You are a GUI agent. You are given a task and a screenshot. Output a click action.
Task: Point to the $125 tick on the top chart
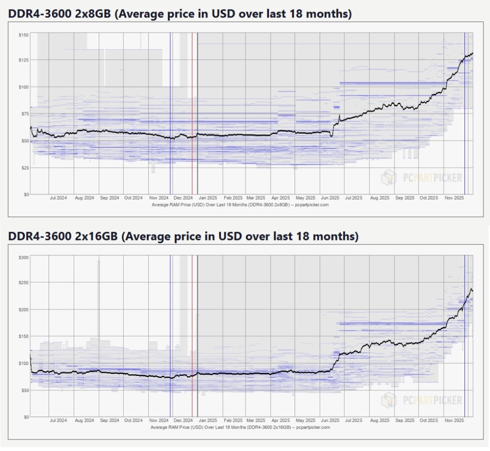pyautogui.click(x=23, y=60)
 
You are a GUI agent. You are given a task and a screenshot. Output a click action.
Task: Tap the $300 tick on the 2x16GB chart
pyautogui.click(x=23, y=257)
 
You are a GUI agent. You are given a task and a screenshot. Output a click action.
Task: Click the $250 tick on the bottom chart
pyautogui.click(x=23, y=283)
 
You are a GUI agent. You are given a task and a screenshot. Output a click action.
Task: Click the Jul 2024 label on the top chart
pyautogui.click(x=59, y=198)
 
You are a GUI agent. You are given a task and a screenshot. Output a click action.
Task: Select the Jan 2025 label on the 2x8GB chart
pyautogui.click(x=208, y=198)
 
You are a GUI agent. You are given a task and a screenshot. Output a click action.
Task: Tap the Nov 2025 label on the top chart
pyautogui.click(x=454, y=198)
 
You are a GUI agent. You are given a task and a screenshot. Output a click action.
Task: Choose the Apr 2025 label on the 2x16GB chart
pyautogui.click(x=281, y=421)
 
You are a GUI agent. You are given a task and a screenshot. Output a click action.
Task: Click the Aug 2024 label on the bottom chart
pyautogui.click(x=84, y=421)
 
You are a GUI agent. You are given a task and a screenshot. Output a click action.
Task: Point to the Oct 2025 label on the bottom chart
pyautogui.click(x=429, y=421)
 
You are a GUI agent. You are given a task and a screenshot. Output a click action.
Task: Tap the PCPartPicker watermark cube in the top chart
pyautogui.click(x=389, y=177)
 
